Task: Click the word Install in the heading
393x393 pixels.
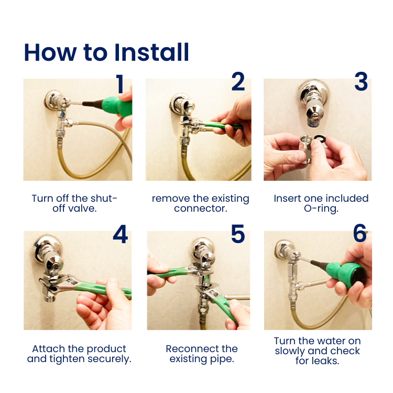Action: pyautogui.click(x=151, y=52)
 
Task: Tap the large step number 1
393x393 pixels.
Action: pyautogui.click(x=120, y=84)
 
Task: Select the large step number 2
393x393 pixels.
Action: pyautogui.click(x=238, y=81)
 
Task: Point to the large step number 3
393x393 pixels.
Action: pyautogui.click(x=361, y=81)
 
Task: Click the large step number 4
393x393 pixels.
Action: pyautogui.click(x=121, y=234)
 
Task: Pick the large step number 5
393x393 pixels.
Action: pyautogui.click(x=238, y=234)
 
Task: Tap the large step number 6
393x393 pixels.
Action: pyautogui.click(x=360, y=233)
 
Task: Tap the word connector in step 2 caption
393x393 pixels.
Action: pyautogui.click(x=201, y=209)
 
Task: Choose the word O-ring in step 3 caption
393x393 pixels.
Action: pyautogui.click(x=321, y=209)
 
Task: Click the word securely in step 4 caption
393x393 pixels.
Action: pyautogui.click(x=110, y=359)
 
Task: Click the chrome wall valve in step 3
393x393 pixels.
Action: pyautogui.click(x=313, y=103)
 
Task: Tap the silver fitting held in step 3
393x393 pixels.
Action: pyautogui.click(x=307, y=148)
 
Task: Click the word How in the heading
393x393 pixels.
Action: pyautogui.click(x=50, y=52)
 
